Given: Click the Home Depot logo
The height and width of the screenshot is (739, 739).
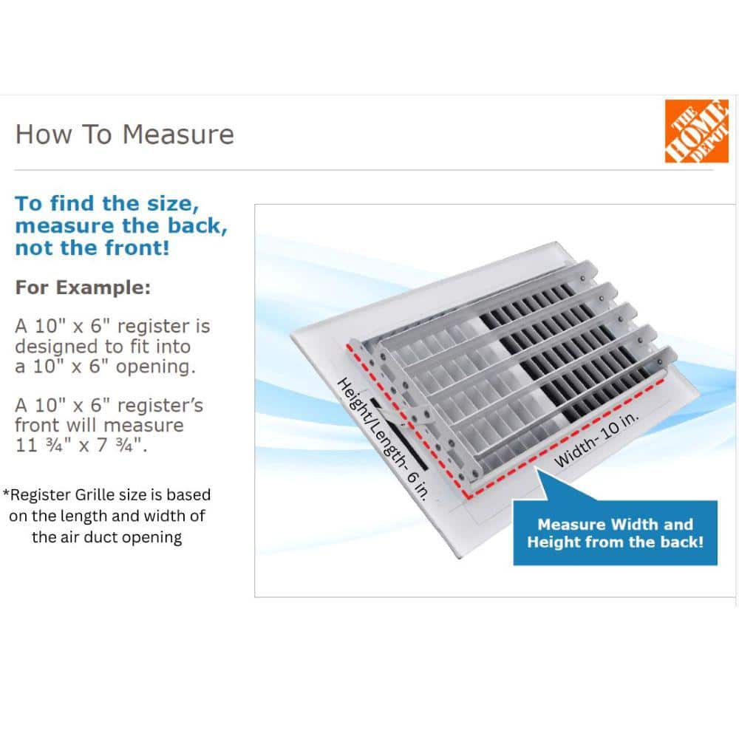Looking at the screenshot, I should (696, 131).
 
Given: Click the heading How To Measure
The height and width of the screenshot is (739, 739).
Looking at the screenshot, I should (124, 134).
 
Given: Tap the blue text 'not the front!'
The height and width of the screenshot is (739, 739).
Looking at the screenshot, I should (92, 248).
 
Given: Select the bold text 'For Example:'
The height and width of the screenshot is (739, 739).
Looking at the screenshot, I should (83, 287).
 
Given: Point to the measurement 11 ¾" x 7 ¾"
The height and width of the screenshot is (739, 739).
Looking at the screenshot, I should (81, 446).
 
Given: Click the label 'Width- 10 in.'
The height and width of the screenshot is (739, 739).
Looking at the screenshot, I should (597, 440).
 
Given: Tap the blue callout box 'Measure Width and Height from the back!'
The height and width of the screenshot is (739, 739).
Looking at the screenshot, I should (614, 533).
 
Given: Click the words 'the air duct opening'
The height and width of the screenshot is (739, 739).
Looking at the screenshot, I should (106, 537).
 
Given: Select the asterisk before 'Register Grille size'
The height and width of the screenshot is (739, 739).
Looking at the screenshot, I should (7, 494).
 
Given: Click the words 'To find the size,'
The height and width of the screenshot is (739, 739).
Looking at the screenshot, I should (107, 203).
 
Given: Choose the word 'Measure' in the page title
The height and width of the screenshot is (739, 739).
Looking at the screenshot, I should (178, 134).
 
